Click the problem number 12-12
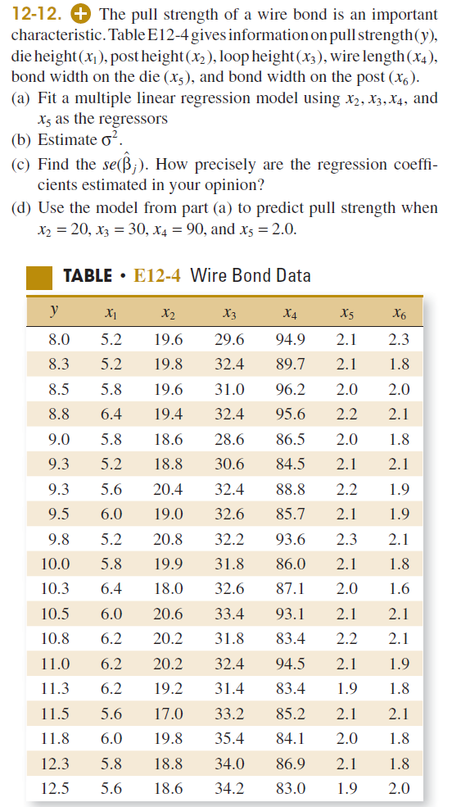tap(34, 15)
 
